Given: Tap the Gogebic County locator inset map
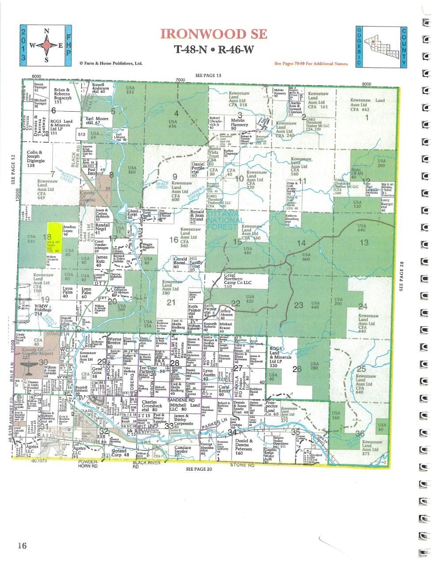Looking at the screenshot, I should pyautogui.click(x=380, y=46).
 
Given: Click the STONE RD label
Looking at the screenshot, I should pyautogui.click(x=242, y=465).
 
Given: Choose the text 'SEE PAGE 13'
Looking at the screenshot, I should pyautogui.click(x=209, y=75).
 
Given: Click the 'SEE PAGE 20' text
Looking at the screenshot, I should pyautogui.click(x=199, y=469).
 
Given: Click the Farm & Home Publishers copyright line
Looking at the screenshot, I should pyautogui.click(x=111, y=63).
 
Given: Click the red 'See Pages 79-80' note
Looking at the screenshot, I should pyautogui.click(x=312, y=64).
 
